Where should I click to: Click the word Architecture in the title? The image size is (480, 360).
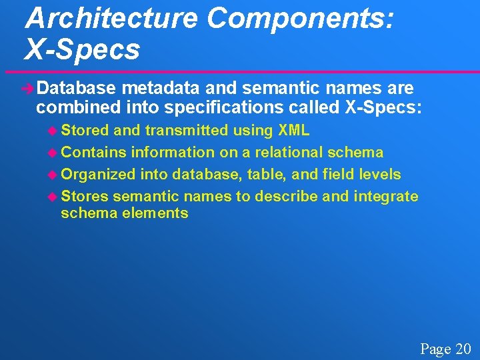pos(111,19)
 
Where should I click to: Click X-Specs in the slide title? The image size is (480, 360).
pos(82,50)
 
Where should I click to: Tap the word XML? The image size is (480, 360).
pos(293,131)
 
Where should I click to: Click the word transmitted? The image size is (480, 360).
pos(186,131)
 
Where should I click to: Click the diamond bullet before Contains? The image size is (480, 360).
pos(53,153)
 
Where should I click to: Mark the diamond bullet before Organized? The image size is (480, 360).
pos(53,175)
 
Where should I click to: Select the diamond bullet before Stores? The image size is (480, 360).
pos(53,197)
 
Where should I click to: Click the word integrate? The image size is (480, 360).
pos(386,197)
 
